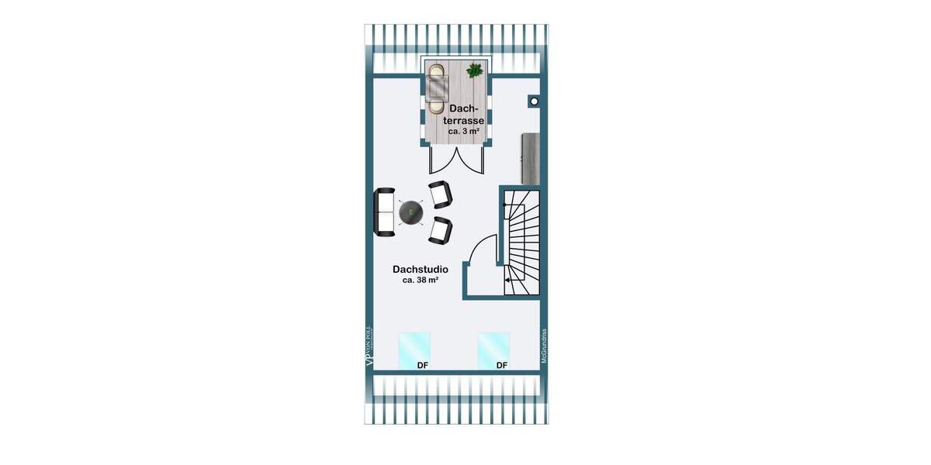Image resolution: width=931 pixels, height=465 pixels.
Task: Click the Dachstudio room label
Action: (x=420, y=269)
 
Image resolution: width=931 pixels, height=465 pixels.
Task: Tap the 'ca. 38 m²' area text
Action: (x=420, y=280)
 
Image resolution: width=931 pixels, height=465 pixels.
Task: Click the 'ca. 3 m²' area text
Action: (x=463, y=132)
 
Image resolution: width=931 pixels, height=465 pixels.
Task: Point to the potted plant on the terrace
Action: (x=474, y=71)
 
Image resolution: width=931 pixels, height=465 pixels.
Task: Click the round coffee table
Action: (x=410, y=212)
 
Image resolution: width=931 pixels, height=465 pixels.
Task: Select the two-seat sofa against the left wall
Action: (x=384, y=212)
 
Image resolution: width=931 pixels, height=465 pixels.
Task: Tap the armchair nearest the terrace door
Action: (x=440, y=194)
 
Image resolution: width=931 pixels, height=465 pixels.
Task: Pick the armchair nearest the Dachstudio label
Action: (x=440, y=229)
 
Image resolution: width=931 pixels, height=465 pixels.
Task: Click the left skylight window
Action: (x=414, y=350)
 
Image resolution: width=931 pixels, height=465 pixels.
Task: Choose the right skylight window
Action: (x=493, y=350)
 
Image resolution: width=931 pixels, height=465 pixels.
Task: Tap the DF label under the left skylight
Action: (x=423, y=366)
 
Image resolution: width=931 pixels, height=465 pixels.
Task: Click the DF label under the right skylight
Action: (x=502, y=366)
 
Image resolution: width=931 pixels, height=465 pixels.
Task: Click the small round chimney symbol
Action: (x=535, y=101)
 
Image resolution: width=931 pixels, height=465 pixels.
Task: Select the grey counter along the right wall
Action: (x=531, y=158)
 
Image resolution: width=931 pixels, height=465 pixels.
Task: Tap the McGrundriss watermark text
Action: (x=545, y=343)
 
